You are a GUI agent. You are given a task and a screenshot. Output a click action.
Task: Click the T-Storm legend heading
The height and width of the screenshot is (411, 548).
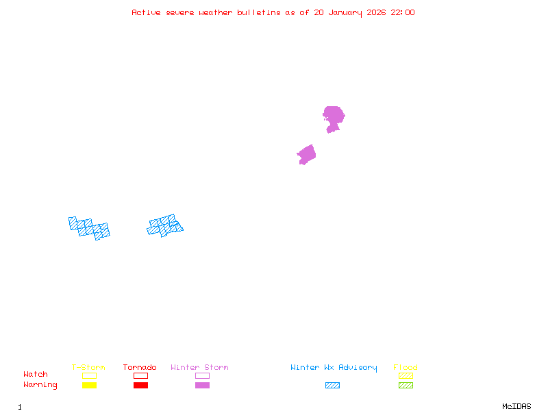88,368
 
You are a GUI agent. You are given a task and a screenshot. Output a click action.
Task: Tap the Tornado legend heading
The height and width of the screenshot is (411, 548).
140,368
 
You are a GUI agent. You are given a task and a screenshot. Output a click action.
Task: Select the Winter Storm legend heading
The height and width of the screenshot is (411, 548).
199,368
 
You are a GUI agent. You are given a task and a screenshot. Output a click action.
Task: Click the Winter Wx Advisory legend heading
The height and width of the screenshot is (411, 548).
334,368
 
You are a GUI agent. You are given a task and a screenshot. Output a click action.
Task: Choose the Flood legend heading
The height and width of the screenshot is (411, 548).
406,368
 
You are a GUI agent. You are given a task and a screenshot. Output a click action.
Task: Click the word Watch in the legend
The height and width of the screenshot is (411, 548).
36,375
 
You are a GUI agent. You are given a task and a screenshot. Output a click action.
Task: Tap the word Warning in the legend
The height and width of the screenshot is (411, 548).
40,385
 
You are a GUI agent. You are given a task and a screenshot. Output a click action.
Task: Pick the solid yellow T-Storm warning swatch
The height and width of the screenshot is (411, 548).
89,386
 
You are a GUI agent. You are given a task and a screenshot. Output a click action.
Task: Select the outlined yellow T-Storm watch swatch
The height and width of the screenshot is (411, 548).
89,375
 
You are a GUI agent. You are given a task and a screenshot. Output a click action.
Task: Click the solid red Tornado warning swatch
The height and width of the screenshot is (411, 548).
140,386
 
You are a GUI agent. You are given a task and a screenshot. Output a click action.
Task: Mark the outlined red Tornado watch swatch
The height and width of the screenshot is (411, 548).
140,375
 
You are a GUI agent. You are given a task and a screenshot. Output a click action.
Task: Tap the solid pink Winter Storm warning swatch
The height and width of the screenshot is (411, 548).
202,386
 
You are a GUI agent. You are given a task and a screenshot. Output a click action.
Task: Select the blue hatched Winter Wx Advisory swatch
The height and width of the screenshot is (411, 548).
332,386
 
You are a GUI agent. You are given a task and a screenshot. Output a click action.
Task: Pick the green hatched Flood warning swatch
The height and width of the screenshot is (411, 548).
406,386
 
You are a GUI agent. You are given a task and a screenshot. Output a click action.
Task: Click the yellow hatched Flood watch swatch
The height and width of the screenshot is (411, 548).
406,375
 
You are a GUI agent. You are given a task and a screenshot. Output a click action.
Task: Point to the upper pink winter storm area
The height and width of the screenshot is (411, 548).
334,117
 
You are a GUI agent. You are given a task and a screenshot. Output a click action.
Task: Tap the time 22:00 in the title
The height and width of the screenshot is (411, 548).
403,12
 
